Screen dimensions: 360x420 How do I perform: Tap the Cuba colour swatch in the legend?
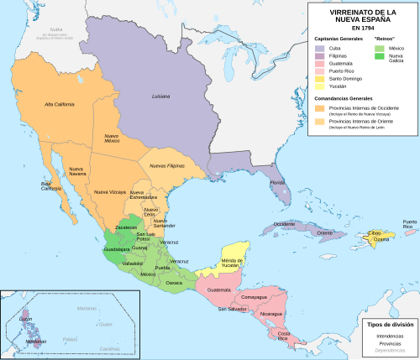[x=319, y=48]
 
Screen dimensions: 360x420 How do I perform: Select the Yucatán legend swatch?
[x=319, y=85]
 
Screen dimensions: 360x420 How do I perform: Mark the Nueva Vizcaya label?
[x=108, y=192]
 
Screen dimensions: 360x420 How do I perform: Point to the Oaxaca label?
[x=175, y=282]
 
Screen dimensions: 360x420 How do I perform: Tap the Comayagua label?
[x=253, y=296]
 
